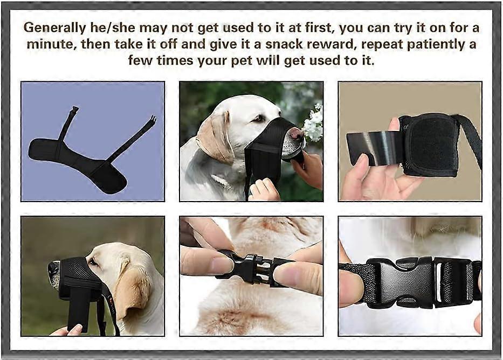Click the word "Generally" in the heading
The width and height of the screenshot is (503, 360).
tap(54, 28)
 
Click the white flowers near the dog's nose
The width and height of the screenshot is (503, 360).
tap(313, 123)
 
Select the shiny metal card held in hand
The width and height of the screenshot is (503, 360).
tap(376, 149)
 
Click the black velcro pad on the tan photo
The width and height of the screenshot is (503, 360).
tap(430, 145)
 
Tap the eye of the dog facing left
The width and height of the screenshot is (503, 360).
tap(93, 262)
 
